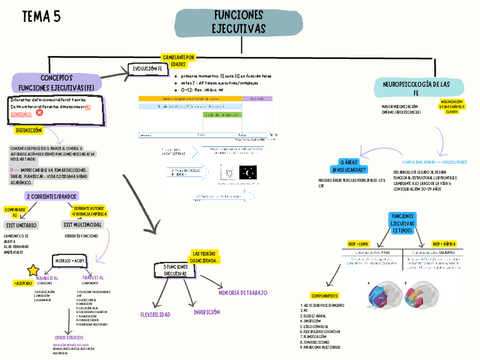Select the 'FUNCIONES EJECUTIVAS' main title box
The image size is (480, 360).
pyautogui.click(x=237, y=23)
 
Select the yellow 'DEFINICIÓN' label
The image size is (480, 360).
pyautogui.click(x=30, y=130)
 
